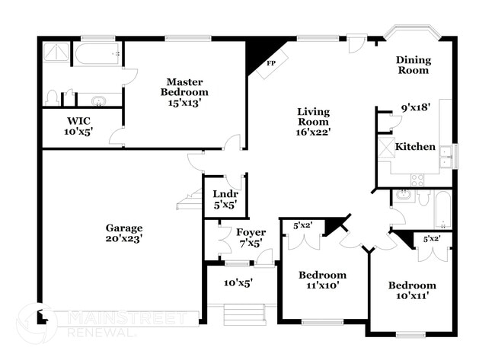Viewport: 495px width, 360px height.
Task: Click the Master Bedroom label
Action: coord(184,87)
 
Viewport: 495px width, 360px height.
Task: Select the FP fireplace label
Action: coord(270,64)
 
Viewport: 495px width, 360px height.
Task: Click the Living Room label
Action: coord(313,116)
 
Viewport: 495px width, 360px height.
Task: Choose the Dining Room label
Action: coord(413,65)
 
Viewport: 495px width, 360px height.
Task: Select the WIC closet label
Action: coord(78,121)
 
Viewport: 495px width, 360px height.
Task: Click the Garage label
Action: coord(125,228)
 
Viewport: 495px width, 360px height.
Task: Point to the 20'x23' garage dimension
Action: coord(125,238)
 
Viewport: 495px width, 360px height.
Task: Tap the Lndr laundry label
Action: coord(225,194)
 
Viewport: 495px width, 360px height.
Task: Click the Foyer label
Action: coord(250,232)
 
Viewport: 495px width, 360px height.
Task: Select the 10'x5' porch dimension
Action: coord(238,282)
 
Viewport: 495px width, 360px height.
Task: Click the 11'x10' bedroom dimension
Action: coord(322,286)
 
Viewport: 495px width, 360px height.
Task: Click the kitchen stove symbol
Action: coord(418,180)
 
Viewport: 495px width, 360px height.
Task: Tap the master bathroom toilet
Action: coord(52,98)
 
